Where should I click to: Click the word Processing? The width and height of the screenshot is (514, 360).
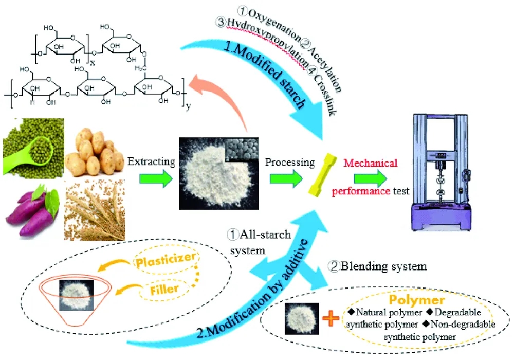click(290, 163)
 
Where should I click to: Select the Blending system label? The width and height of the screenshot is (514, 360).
click(377, 266)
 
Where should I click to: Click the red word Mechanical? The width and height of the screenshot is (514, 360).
click(371, 163)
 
